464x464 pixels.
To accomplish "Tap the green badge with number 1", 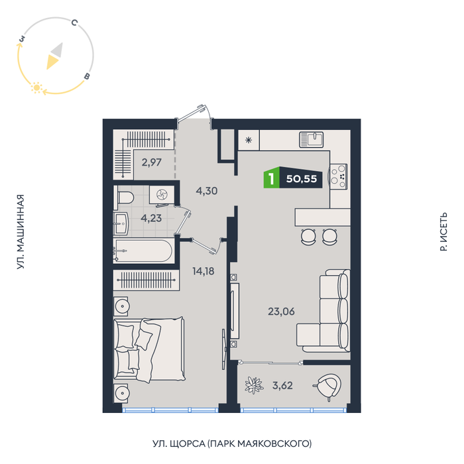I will pos(271,178).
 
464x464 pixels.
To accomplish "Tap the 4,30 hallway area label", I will pos(206,191).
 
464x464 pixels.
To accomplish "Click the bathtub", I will pos(143,251).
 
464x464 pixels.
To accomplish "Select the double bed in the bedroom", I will pos(144,349).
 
